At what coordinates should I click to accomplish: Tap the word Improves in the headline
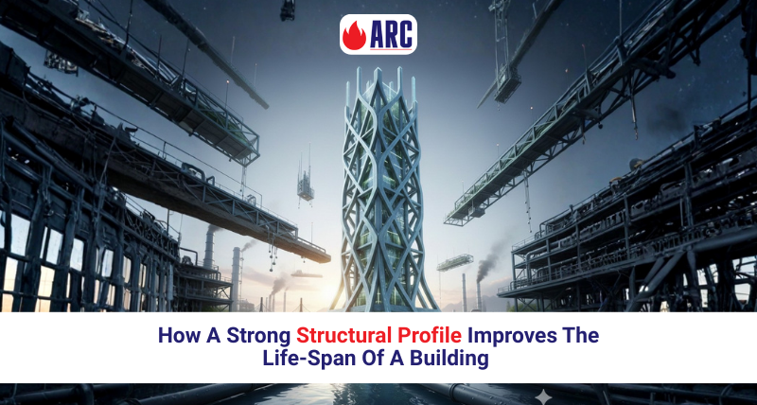click(x=502, y=335)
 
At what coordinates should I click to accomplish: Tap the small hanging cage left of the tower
click(x=306, y=185)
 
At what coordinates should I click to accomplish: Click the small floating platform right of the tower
click(x=456, y=261)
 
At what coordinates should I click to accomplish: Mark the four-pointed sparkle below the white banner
click(x=543, y=395)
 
